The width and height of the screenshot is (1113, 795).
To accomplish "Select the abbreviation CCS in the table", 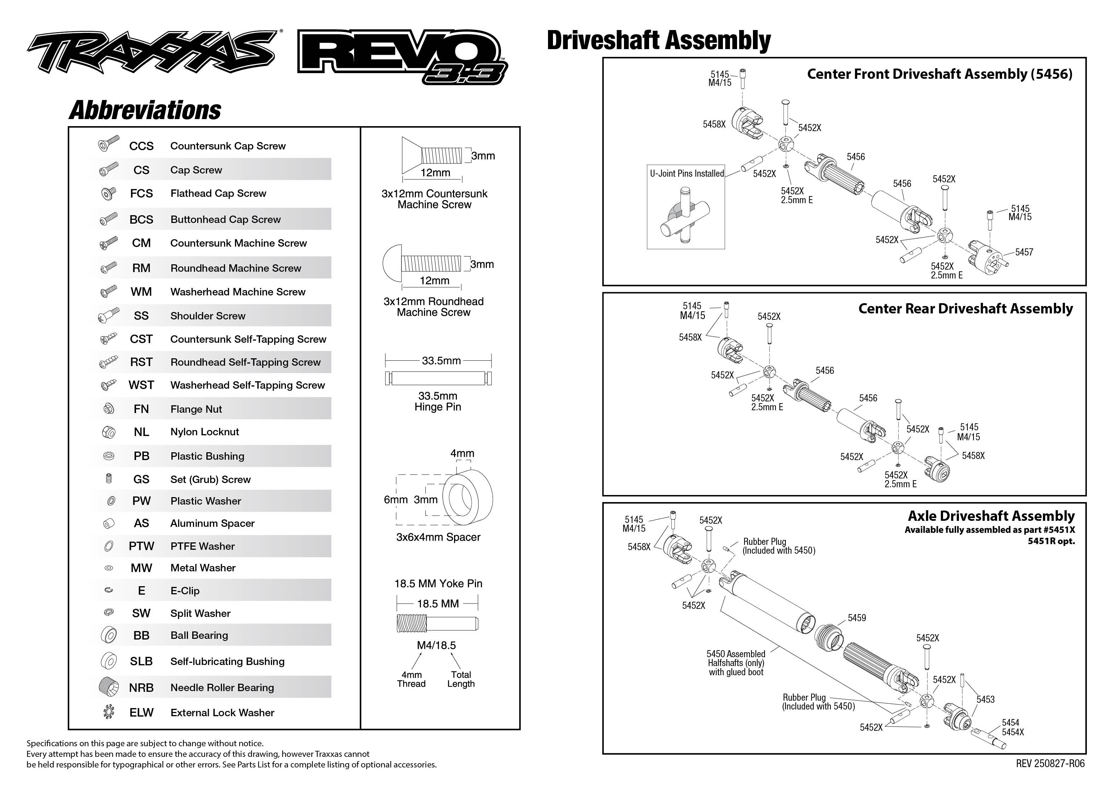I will click(141, 146).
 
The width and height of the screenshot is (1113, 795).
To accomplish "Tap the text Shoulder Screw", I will click(207, 316).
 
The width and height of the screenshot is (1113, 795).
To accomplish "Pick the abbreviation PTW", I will click(141, 546).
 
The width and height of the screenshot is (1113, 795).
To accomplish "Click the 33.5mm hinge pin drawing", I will click(438, 378).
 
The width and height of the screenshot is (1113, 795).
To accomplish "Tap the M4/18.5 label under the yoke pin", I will click(436, 645).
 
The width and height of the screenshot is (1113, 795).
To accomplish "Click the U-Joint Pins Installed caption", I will click(687, 173).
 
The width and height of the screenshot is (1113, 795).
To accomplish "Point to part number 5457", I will click(1024, 252).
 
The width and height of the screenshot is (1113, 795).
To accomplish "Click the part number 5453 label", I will click(985, 700).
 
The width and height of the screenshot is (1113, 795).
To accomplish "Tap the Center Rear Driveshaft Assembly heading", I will click(965, 308).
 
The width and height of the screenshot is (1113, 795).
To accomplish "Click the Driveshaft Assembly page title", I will click(658, 40).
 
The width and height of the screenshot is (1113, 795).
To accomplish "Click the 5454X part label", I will click(1013, 732).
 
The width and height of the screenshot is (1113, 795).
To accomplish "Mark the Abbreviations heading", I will click(145, 110).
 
